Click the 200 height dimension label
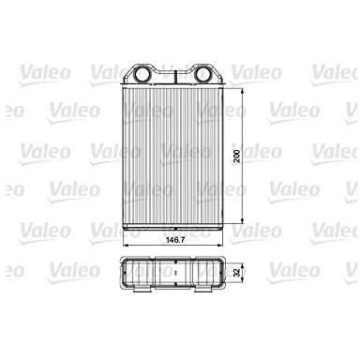tap(237, 156)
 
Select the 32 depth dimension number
tap(236, 273)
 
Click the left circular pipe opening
tap(142, 74)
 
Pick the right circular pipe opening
tap(202, 74)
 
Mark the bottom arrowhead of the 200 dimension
tap(242, 220)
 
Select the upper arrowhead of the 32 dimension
tap(242, 264)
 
